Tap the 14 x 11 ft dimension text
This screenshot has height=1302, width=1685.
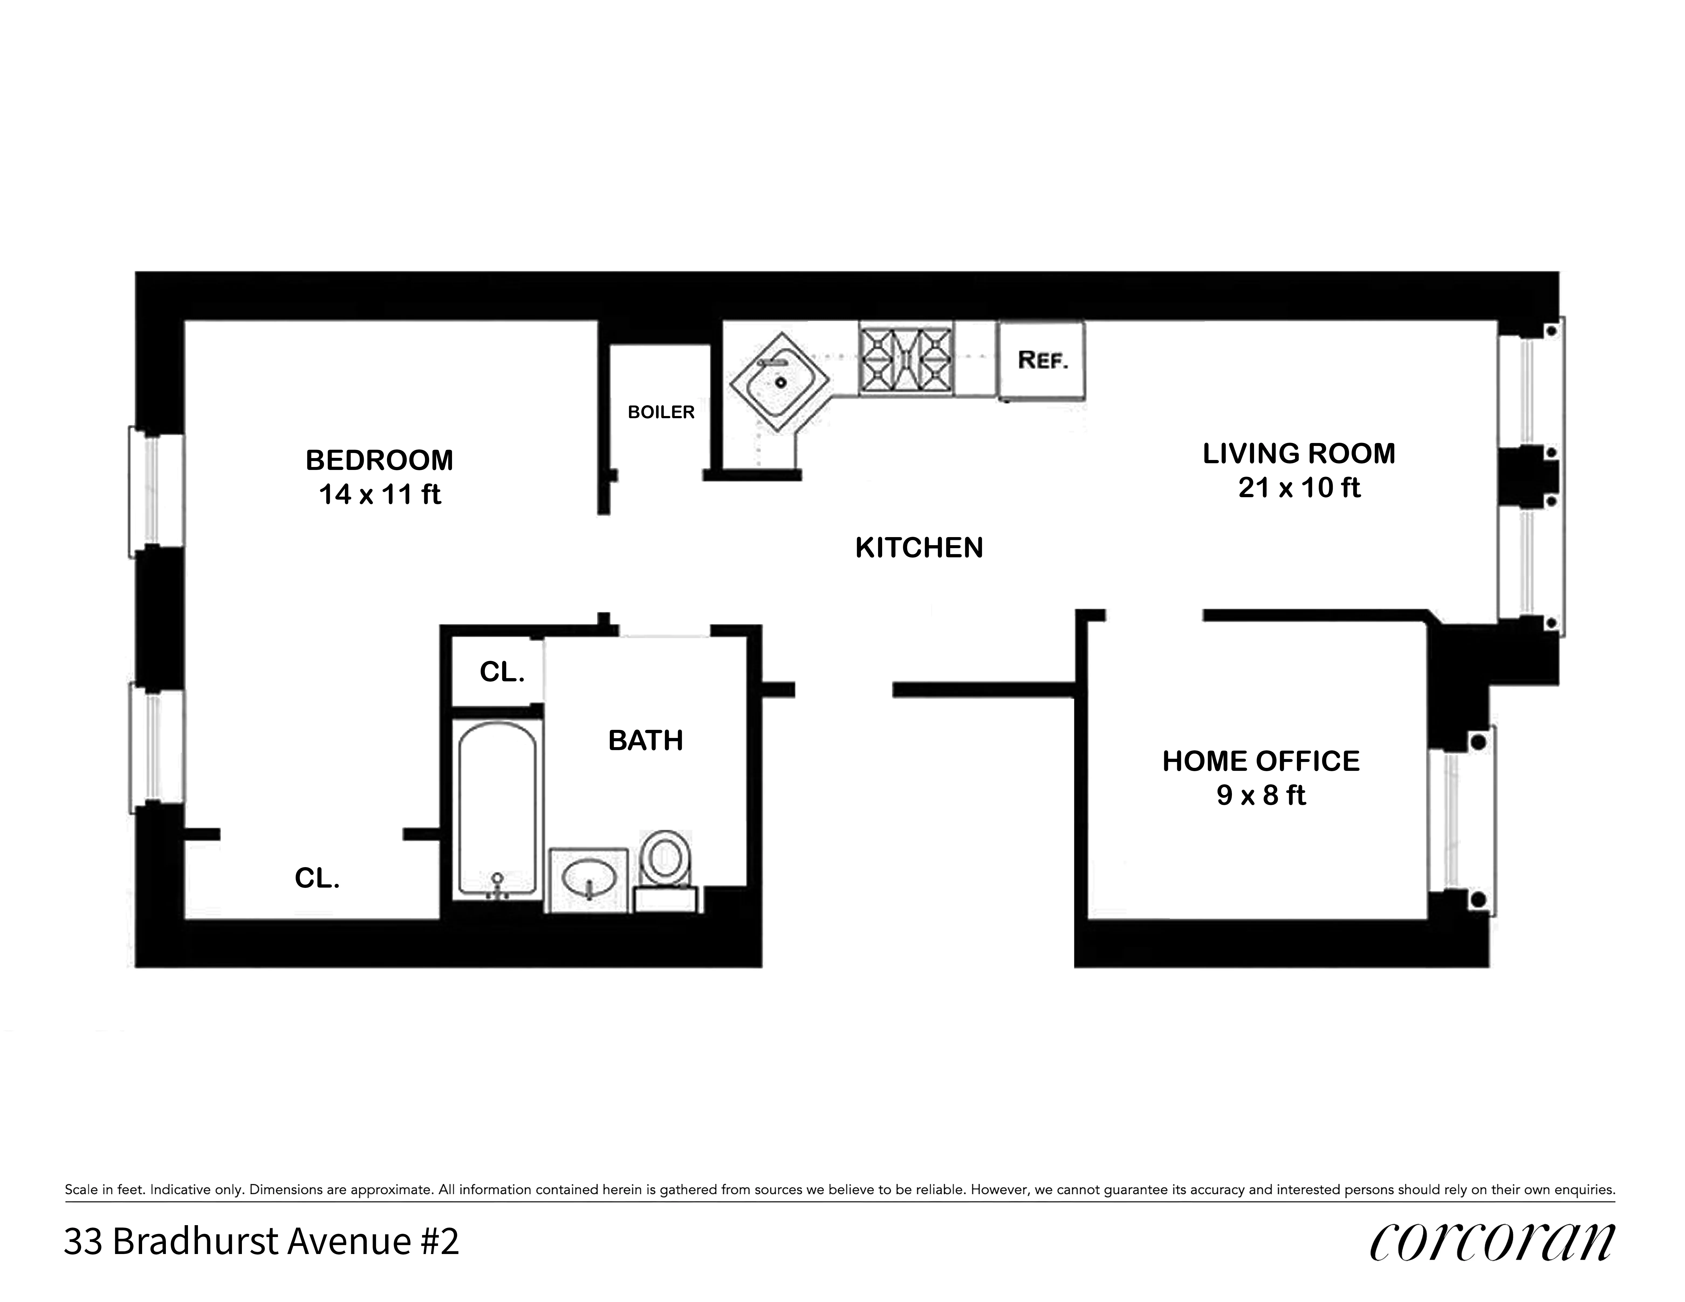pyautogui.click(x=380, y=494)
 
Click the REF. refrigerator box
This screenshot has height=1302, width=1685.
pyautogui.click(x=1042, y=360)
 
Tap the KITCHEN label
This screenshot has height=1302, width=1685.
pyautogui.click(x=919, y=548)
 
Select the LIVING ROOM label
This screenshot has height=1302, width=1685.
pyautogui.click(x=1299, y=454)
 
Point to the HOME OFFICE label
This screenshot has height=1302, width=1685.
pyautogui.click(x=1261, y=761)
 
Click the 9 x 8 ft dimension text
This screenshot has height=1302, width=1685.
pyautogui.click(x=1261, y=795)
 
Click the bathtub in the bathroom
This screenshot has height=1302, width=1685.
pyautogui.click(x=497, y=810)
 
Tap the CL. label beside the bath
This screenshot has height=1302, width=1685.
pyautogui.click(x=502, y=672)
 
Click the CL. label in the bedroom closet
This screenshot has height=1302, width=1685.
pyautogui.click(x=317, y=878)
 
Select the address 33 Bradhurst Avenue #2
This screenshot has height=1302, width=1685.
pyautogui.click(x=261, y=1242)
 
